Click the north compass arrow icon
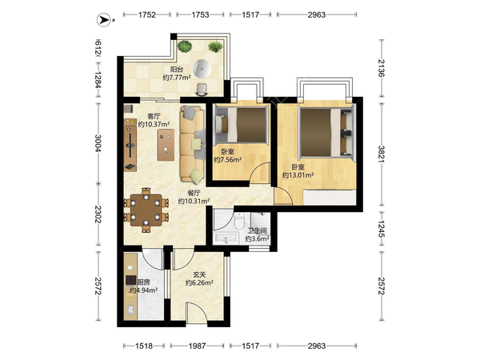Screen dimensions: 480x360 tap(104, 20)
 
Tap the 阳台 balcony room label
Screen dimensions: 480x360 tap(177, 70)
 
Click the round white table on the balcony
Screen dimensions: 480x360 tap(202, 68)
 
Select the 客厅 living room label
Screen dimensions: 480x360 tap(154, 116)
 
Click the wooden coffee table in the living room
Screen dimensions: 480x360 tap(166, 145)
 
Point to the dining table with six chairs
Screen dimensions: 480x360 tap(146, 210)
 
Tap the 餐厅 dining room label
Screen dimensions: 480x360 tap(194, 193)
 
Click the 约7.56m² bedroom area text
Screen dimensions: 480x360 tap(228, 159)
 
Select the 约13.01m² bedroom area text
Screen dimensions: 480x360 tap(298, 175)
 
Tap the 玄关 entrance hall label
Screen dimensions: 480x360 tap(199, 275)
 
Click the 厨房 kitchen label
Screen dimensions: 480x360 tap(143, 282)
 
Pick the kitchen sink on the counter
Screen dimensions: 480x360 tap(130, 310)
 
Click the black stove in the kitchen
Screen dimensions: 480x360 tap(130, 280)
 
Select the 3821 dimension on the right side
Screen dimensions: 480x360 tap(381, 154)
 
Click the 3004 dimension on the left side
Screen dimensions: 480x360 tap(98, 143)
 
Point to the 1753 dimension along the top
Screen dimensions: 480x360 tap(200, 14)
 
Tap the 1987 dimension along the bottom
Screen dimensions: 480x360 tap(197, 346)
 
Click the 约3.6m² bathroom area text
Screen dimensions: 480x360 tap(257, 238)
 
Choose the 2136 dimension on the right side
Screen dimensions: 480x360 tap(381, 68)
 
